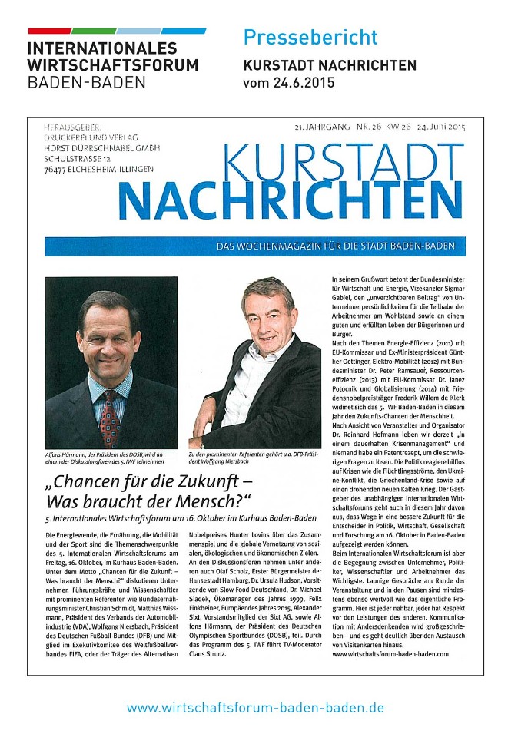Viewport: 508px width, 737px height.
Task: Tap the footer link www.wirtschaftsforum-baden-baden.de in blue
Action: (254, 707)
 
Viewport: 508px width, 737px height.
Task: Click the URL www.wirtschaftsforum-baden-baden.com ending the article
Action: (390, 654)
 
